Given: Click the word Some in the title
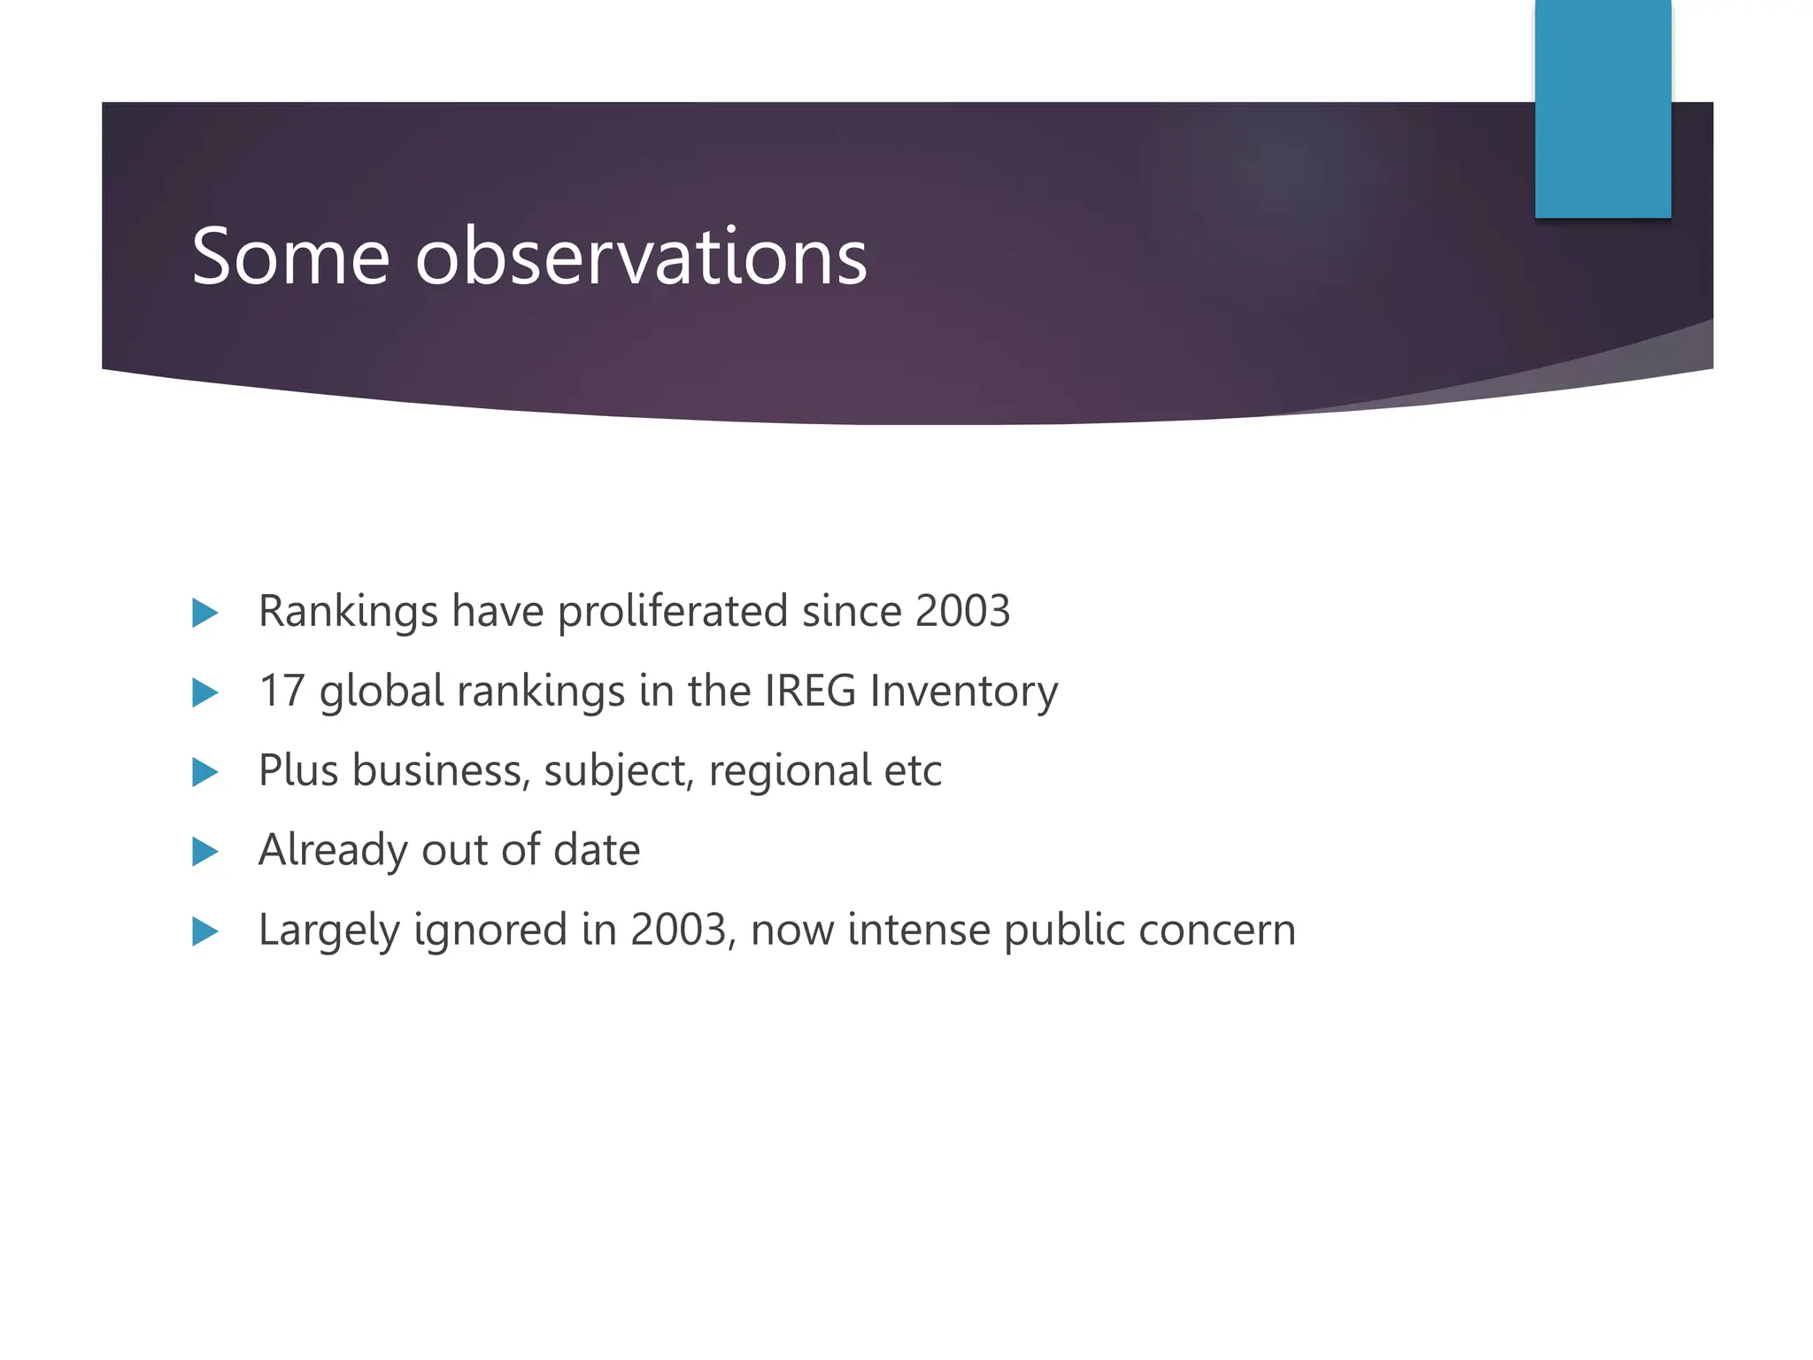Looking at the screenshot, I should (290, 258).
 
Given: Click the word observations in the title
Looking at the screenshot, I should (641, 258).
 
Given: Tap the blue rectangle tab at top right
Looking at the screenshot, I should (1602, 108).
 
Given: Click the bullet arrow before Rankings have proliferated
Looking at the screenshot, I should (204, 613).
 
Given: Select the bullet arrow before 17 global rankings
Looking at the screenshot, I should (204, 692).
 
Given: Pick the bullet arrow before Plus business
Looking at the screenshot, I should (204, 772).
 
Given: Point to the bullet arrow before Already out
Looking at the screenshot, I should (204, 852).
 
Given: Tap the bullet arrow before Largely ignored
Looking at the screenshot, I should (204, 931).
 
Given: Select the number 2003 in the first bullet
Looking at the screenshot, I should (962, 612).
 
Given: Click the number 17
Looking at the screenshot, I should (282, 692).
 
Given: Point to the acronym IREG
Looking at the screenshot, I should (810, 692).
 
